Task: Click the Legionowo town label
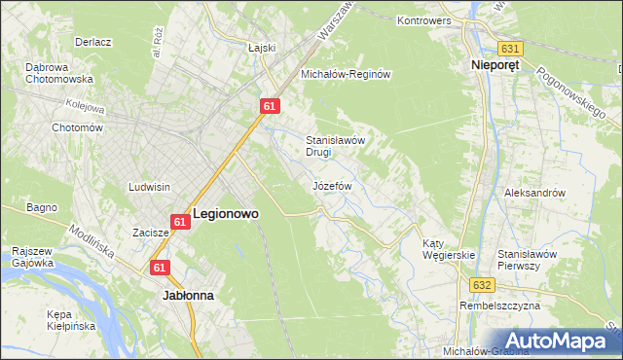point(225,213)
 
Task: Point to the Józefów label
point(330,185)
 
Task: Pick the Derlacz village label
point(95,43)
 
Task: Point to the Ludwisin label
point(149,186)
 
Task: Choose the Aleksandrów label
point(534,193)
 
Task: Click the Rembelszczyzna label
point(501,306)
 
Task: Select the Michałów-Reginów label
point(345,74)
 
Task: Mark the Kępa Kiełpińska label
point(71,320)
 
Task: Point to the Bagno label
point(42,207)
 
